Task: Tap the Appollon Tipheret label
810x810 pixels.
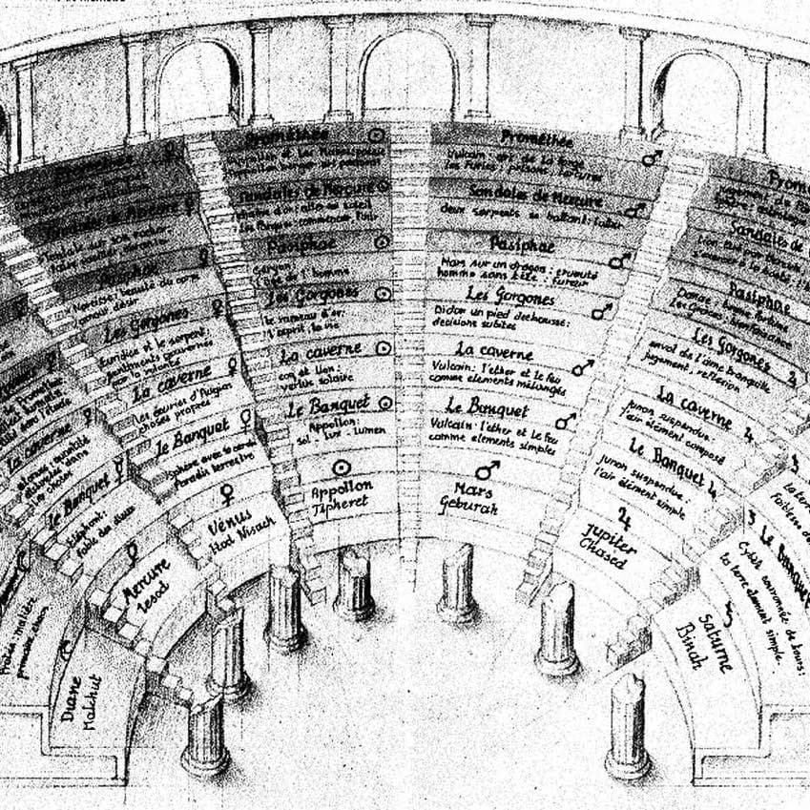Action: click(x=342, y=493)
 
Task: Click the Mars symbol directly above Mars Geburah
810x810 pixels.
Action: click(x=488, y=469)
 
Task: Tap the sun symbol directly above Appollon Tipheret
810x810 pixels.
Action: click(x=341, y=467)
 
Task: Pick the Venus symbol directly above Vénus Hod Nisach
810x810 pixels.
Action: click(x=228, y=493)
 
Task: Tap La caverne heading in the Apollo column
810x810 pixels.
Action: click(x=320, y=354)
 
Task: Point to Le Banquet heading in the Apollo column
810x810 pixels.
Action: click(x=326, y=408)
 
